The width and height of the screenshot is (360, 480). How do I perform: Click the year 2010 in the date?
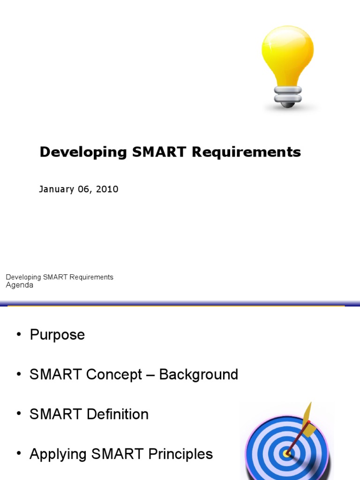click(x=107, y=189)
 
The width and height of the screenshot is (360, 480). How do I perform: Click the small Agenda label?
click(x=19, y=285)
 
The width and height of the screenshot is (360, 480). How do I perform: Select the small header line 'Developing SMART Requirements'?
click(x=60, y=277)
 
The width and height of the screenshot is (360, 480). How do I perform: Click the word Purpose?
click(x=57, y=335)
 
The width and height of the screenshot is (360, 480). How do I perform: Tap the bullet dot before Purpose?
click(x=19, y=334)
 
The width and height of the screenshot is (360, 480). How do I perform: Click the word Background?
click(x=198, y=375)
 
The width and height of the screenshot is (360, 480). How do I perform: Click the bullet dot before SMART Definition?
click(x=19, y=414)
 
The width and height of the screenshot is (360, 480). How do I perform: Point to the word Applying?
click(x=58, y=454)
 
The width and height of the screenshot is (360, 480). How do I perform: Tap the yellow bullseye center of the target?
click(x=287, y=453)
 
